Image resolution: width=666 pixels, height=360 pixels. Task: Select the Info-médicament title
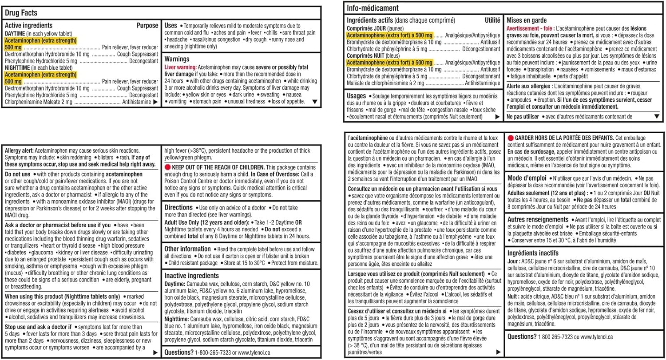(373, 8)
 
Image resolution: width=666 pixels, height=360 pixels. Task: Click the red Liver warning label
(180, 66)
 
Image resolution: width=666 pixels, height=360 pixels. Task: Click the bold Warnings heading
(177, 59)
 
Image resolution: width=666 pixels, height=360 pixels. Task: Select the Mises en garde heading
(527, 20)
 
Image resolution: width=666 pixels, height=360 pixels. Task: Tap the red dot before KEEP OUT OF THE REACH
(168, 167)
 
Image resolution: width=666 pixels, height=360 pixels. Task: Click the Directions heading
(178, 207)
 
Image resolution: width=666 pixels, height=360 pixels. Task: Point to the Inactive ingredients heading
(191, 276)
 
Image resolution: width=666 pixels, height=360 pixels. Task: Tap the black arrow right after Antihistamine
(155, 102)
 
